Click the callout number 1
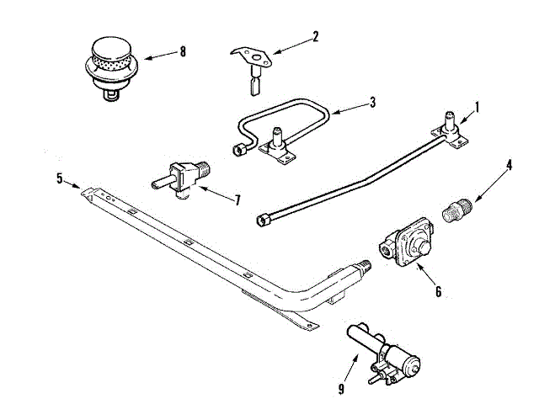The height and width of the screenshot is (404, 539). coord(477,107)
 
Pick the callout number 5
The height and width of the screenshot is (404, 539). coord(60,178)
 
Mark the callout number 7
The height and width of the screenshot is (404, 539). coord(237,200)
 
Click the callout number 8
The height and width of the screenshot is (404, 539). coord(182,51)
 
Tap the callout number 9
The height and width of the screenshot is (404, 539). coord(342,388)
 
